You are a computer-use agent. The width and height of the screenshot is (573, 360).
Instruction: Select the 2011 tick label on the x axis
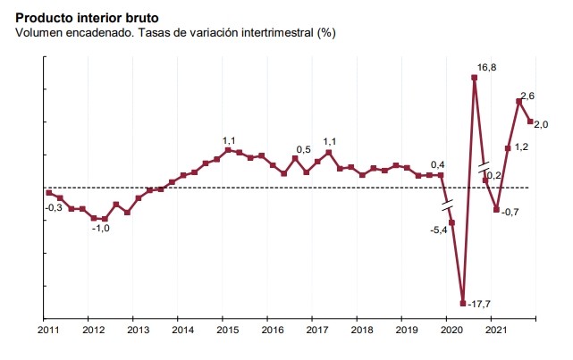point(48,331)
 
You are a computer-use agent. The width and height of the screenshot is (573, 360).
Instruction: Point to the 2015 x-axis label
point(227,331)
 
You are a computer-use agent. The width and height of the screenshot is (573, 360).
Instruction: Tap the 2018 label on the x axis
point(361,331)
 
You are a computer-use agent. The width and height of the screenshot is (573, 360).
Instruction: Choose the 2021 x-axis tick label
point(495,331)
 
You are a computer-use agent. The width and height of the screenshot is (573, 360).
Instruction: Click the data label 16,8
point(487,68)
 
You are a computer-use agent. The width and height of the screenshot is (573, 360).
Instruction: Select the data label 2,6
point(527,96)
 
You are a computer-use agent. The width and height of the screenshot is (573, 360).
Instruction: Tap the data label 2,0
point(541,126)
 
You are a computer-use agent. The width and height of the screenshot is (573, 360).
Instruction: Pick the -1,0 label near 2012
point(100,229)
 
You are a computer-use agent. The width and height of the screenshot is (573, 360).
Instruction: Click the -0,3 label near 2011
point(54,207)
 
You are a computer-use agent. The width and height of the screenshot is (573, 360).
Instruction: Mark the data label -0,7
point(510,212)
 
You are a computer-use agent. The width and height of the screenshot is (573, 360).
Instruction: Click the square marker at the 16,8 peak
point(474,78)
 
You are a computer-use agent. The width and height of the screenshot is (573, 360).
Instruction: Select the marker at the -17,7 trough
point(463,303)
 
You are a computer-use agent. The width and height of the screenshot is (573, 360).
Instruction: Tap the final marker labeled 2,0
point(530,121)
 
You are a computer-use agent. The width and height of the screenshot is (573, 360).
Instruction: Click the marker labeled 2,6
point(518,101)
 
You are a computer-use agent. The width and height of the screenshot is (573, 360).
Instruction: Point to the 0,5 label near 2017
point(303,149)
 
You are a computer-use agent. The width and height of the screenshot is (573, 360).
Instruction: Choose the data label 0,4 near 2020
point(438,165)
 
